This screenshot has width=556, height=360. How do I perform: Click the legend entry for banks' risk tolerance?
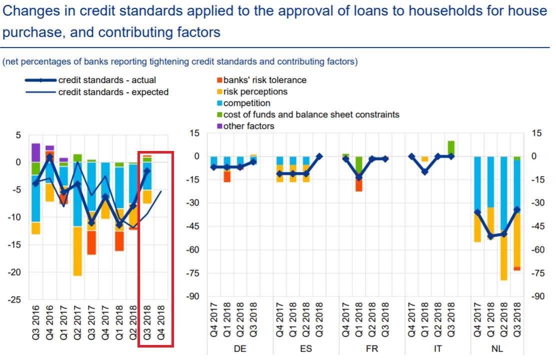click(264, 80)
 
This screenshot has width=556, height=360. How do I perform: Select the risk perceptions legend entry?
click(255, 91)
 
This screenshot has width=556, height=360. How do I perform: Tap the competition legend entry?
click(246, 103)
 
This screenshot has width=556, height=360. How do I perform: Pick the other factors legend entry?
click(248, 126)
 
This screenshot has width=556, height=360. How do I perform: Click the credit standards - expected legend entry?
click(113, 92)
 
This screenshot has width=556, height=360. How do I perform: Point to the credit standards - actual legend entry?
click(107, 80)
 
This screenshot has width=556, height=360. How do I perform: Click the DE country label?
click(240, 349)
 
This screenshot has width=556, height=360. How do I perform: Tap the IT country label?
click(437, 349)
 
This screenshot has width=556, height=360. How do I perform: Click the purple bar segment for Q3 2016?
click(35, 152)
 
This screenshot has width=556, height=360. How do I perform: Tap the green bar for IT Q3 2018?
click(451, 148)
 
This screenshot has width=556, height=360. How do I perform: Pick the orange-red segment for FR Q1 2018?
click(359, 184)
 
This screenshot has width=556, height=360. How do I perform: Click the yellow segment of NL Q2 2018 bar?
click(503, 255)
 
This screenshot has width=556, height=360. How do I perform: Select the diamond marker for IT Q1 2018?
click(424, 172)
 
